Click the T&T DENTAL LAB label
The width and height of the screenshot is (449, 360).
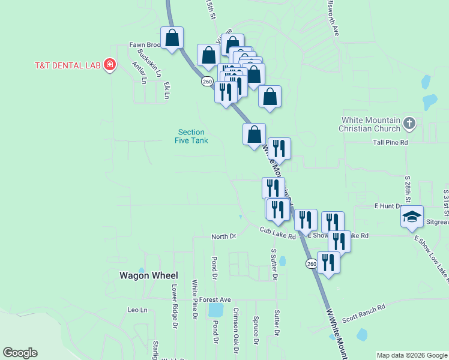(x=67, y=65)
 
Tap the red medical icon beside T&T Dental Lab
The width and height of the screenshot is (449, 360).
(x=109, y=65)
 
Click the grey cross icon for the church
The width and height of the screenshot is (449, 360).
(x=409, y=124)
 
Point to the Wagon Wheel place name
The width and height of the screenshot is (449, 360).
(x=148, y=275)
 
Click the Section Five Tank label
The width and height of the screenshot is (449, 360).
(x=191, y=136)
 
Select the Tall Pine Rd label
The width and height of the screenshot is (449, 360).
(x=390, y=143)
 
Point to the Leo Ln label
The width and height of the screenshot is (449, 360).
(x=137, y=310)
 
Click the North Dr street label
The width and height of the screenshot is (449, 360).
(x=224, y=237)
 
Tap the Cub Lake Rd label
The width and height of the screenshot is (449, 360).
(x=278, y=233)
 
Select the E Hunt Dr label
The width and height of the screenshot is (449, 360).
(x=388, y=206)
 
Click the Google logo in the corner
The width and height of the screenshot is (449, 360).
(x=20, y=353)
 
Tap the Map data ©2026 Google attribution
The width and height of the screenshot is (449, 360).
(x=411, y=355)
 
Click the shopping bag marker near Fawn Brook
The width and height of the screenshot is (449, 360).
(x=172, y=38)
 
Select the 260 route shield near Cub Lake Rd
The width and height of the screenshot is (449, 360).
(x=311, y=264)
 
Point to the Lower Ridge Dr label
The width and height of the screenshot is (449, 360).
(x=175, y=307)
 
